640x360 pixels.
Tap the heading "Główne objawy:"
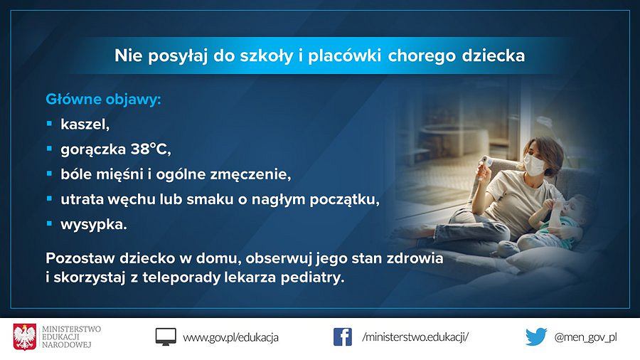[103, 99]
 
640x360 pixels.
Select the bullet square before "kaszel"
[49, 123]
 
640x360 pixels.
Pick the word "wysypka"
[93, 225]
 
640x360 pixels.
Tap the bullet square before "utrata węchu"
[49, 198]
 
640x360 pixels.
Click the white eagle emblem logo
[24, 337]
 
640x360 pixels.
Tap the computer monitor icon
[166, 337]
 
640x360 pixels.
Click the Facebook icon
[343, 337]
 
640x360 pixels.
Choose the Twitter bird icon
[536, 337]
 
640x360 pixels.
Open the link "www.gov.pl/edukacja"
[230, 337]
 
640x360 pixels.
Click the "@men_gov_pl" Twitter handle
[585, 337]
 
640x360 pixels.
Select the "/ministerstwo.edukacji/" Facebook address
[415, 337]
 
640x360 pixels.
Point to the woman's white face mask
[534, 164]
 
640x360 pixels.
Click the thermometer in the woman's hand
[486, 164]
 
